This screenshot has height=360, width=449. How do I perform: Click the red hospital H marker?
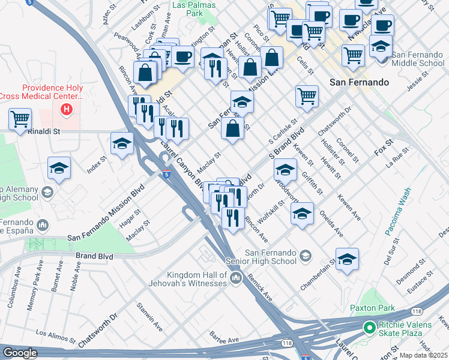67,110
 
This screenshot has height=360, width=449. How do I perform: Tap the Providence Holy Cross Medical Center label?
53,92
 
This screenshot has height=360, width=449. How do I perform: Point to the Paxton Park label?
372,308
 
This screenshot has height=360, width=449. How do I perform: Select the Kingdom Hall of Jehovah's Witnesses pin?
235,277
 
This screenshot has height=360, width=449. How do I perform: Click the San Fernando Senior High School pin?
306,256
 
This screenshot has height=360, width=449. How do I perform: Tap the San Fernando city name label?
359,82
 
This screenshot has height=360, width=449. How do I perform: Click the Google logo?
20,353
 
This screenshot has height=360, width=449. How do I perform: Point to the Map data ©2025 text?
424,355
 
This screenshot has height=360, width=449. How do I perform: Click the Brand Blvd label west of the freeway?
94,256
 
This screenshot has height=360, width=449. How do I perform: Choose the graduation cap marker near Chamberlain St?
347,259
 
